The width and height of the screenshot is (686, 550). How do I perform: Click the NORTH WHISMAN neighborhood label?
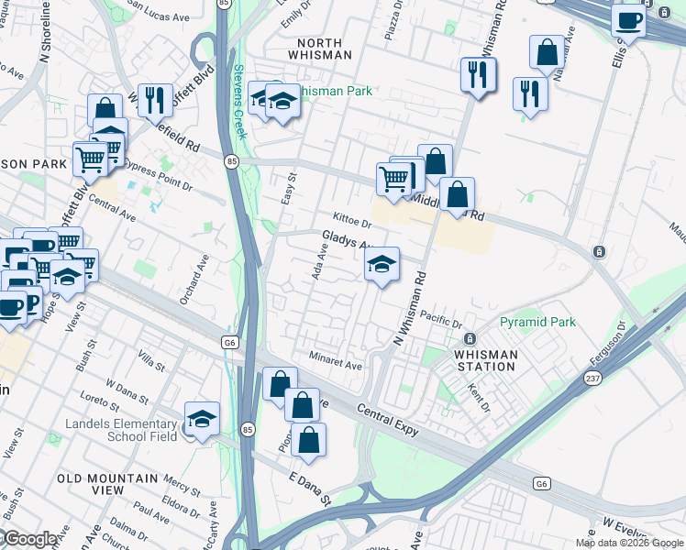[320, 49]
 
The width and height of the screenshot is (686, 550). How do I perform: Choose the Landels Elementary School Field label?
[120, 430]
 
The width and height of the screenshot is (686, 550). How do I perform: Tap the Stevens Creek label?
[239, 101]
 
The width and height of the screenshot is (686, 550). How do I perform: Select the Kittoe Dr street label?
[352, 221]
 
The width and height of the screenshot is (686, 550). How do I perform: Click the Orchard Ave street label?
[189, 287]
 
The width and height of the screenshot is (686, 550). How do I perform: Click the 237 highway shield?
[592, 377]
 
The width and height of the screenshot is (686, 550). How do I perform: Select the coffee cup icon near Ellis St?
[629, 20]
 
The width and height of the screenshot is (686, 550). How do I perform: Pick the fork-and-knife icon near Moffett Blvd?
[155, 100]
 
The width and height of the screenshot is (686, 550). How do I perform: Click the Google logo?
[30, 539]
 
